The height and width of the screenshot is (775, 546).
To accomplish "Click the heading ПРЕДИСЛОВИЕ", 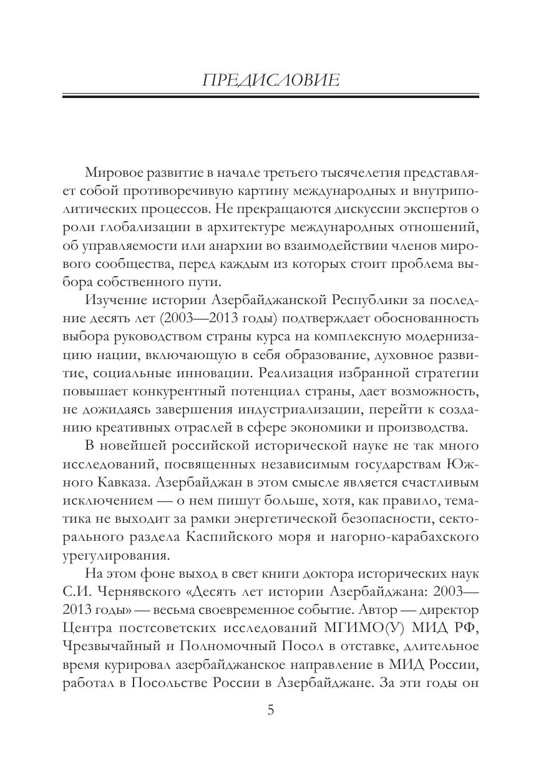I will [x=271, y=80].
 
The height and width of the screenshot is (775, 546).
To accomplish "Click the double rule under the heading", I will [x=271, y=96].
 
